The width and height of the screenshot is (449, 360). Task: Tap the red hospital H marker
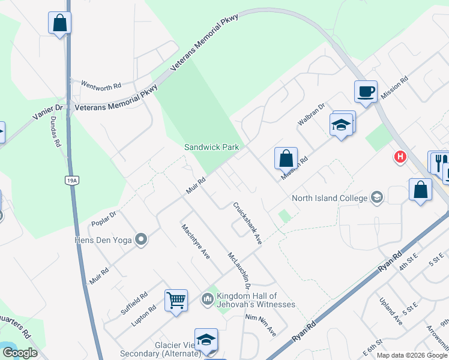[400, 157]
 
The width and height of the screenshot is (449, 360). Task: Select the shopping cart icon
[176, 300]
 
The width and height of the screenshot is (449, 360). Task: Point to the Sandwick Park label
[211, 147]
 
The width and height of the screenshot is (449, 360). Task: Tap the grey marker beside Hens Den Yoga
[141, 240]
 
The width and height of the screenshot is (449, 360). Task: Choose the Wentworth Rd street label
[101, 86]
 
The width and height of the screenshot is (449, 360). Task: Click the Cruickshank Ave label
[247, 223]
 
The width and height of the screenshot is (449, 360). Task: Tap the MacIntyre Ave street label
[195, 241]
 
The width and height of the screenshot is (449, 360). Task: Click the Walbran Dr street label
[312, 115]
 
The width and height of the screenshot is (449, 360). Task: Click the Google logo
[20, 353]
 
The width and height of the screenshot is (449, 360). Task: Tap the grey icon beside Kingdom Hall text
[207, 298]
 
